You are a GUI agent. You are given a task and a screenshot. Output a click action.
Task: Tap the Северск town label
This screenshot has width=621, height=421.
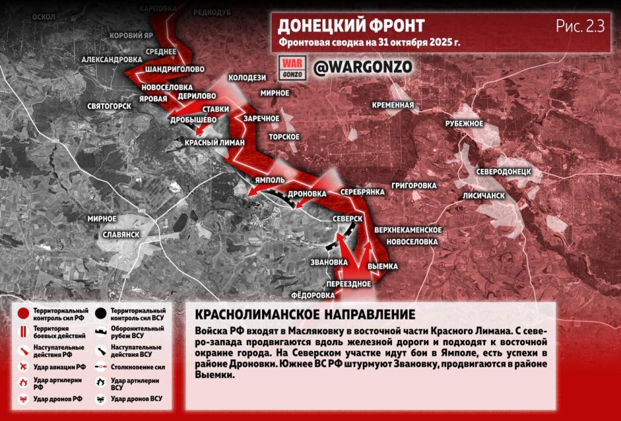coord(347,220)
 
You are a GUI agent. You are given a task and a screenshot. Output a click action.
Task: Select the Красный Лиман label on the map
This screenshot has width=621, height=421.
coord(215,142)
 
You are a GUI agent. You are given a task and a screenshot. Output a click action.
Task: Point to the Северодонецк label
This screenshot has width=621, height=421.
coord(504,172)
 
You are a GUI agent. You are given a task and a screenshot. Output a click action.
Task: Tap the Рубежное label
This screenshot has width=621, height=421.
coord(464,123)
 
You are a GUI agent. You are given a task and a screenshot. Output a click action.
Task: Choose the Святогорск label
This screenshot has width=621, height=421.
coord(110,106)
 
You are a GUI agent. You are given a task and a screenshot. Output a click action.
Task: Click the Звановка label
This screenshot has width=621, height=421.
coord(329,262)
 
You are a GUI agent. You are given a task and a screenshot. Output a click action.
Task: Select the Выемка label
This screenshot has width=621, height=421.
coord(382,266)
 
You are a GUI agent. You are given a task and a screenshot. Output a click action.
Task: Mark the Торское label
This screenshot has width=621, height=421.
coord(285,137)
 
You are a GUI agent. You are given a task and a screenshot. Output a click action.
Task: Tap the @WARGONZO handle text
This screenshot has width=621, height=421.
coord(362,67)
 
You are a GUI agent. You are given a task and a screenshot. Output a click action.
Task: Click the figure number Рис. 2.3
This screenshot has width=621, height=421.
coord(580,27)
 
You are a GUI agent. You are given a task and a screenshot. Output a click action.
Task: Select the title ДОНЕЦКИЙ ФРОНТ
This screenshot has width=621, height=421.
coord(351,26)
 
